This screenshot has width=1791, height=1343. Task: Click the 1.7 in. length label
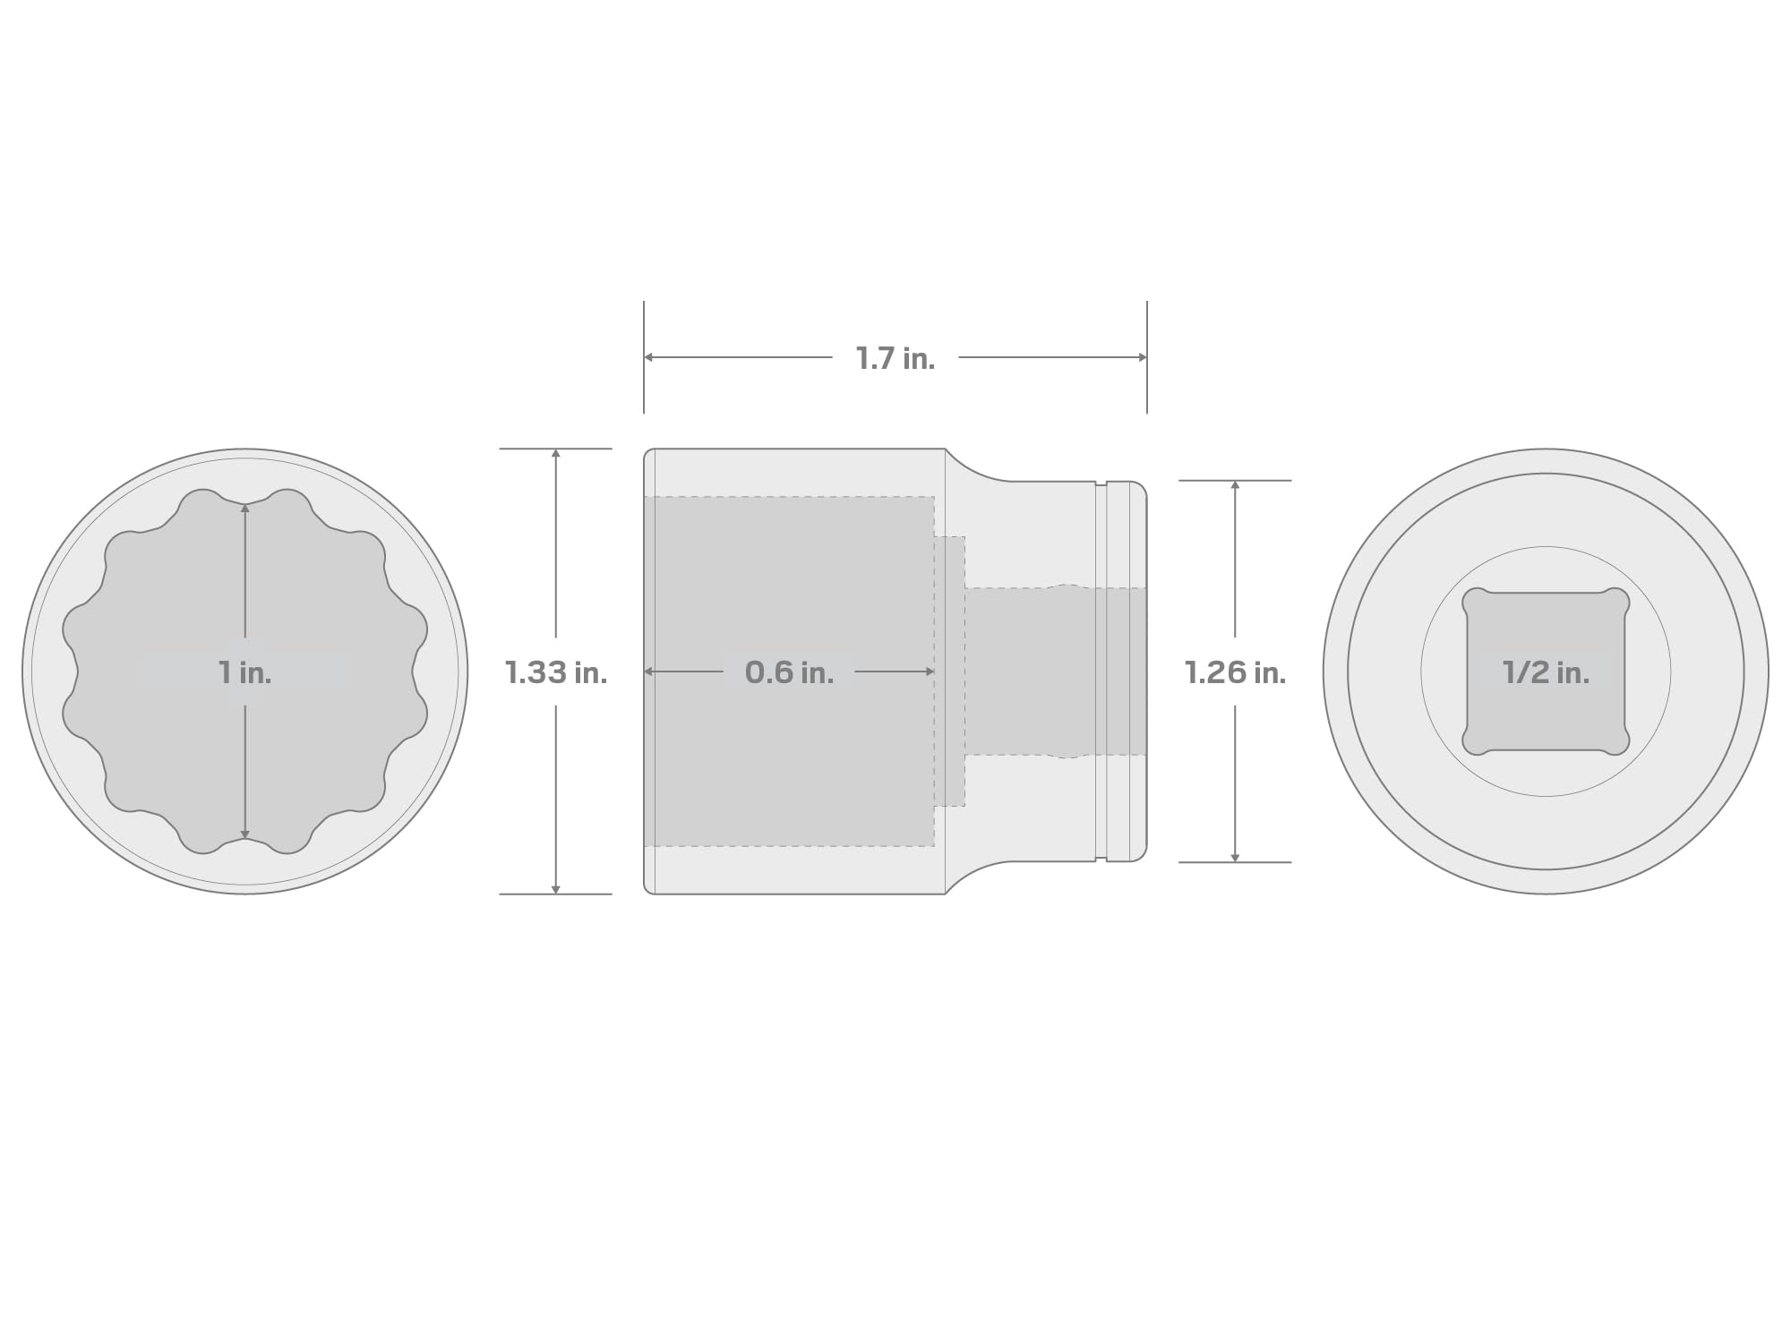[895, 358]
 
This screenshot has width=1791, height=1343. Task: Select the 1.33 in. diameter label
[556, 672]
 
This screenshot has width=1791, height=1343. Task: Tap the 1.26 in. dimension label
[1235, 672]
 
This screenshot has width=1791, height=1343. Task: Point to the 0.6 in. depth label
[789, 672]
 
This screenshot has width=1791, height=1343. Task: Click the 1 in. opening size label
[244, 672]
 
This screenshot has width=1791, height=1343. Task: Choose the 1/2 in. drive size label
[1546, 672]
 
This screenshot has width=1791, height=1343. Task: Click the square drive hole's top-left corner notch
[1475, 601]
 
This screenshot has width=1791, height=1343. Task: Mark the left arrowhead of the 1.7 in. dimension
[649, 357]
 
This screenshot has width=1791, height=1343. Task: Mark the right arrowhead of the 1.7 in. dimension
[1142, 357]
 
